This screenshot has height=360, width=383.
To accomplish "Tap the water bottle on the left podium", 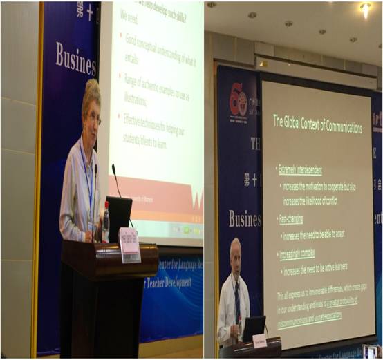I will (106, 222).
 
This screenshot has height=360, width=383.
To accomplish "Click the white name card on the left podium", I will (129, 245).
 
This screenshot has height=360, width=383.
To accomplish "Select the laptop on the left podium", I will (118, 218).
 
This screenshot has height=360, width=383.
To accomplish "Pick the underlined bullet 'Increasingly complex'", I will (299, 254).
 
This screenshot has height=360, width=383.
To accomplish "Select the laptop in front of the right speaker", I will (254, 326).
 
